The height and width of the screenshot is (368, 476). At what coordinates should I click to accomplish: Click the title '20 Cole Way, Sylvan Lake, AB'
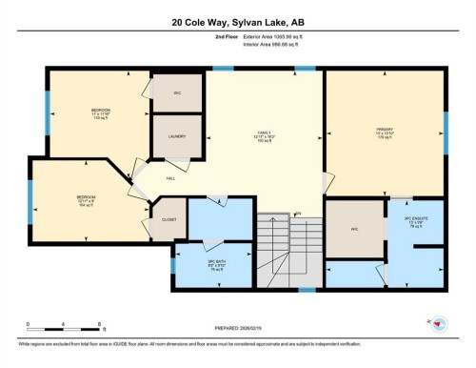click(237, 22)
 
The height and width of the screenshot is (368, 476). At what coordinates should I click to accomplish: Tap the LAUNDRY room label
click(177, 135)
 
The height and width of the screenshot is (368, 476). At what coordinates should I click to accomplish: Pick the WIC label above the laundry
click(177, 92)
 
